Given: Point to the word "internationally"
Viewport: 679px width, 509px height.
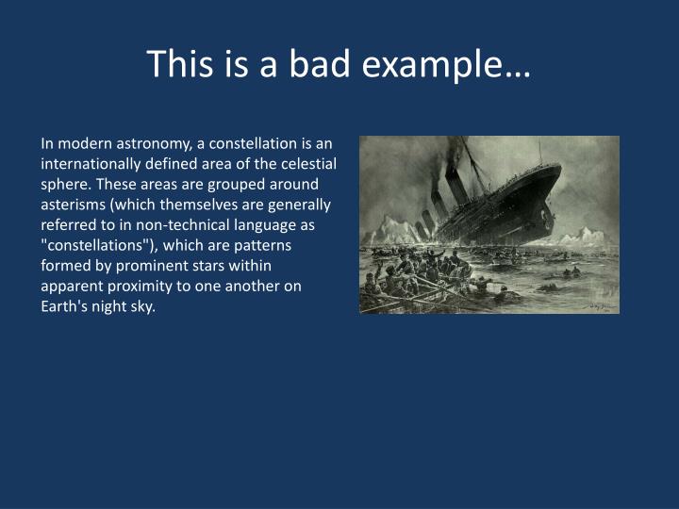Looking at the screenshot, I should [90, 164].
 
